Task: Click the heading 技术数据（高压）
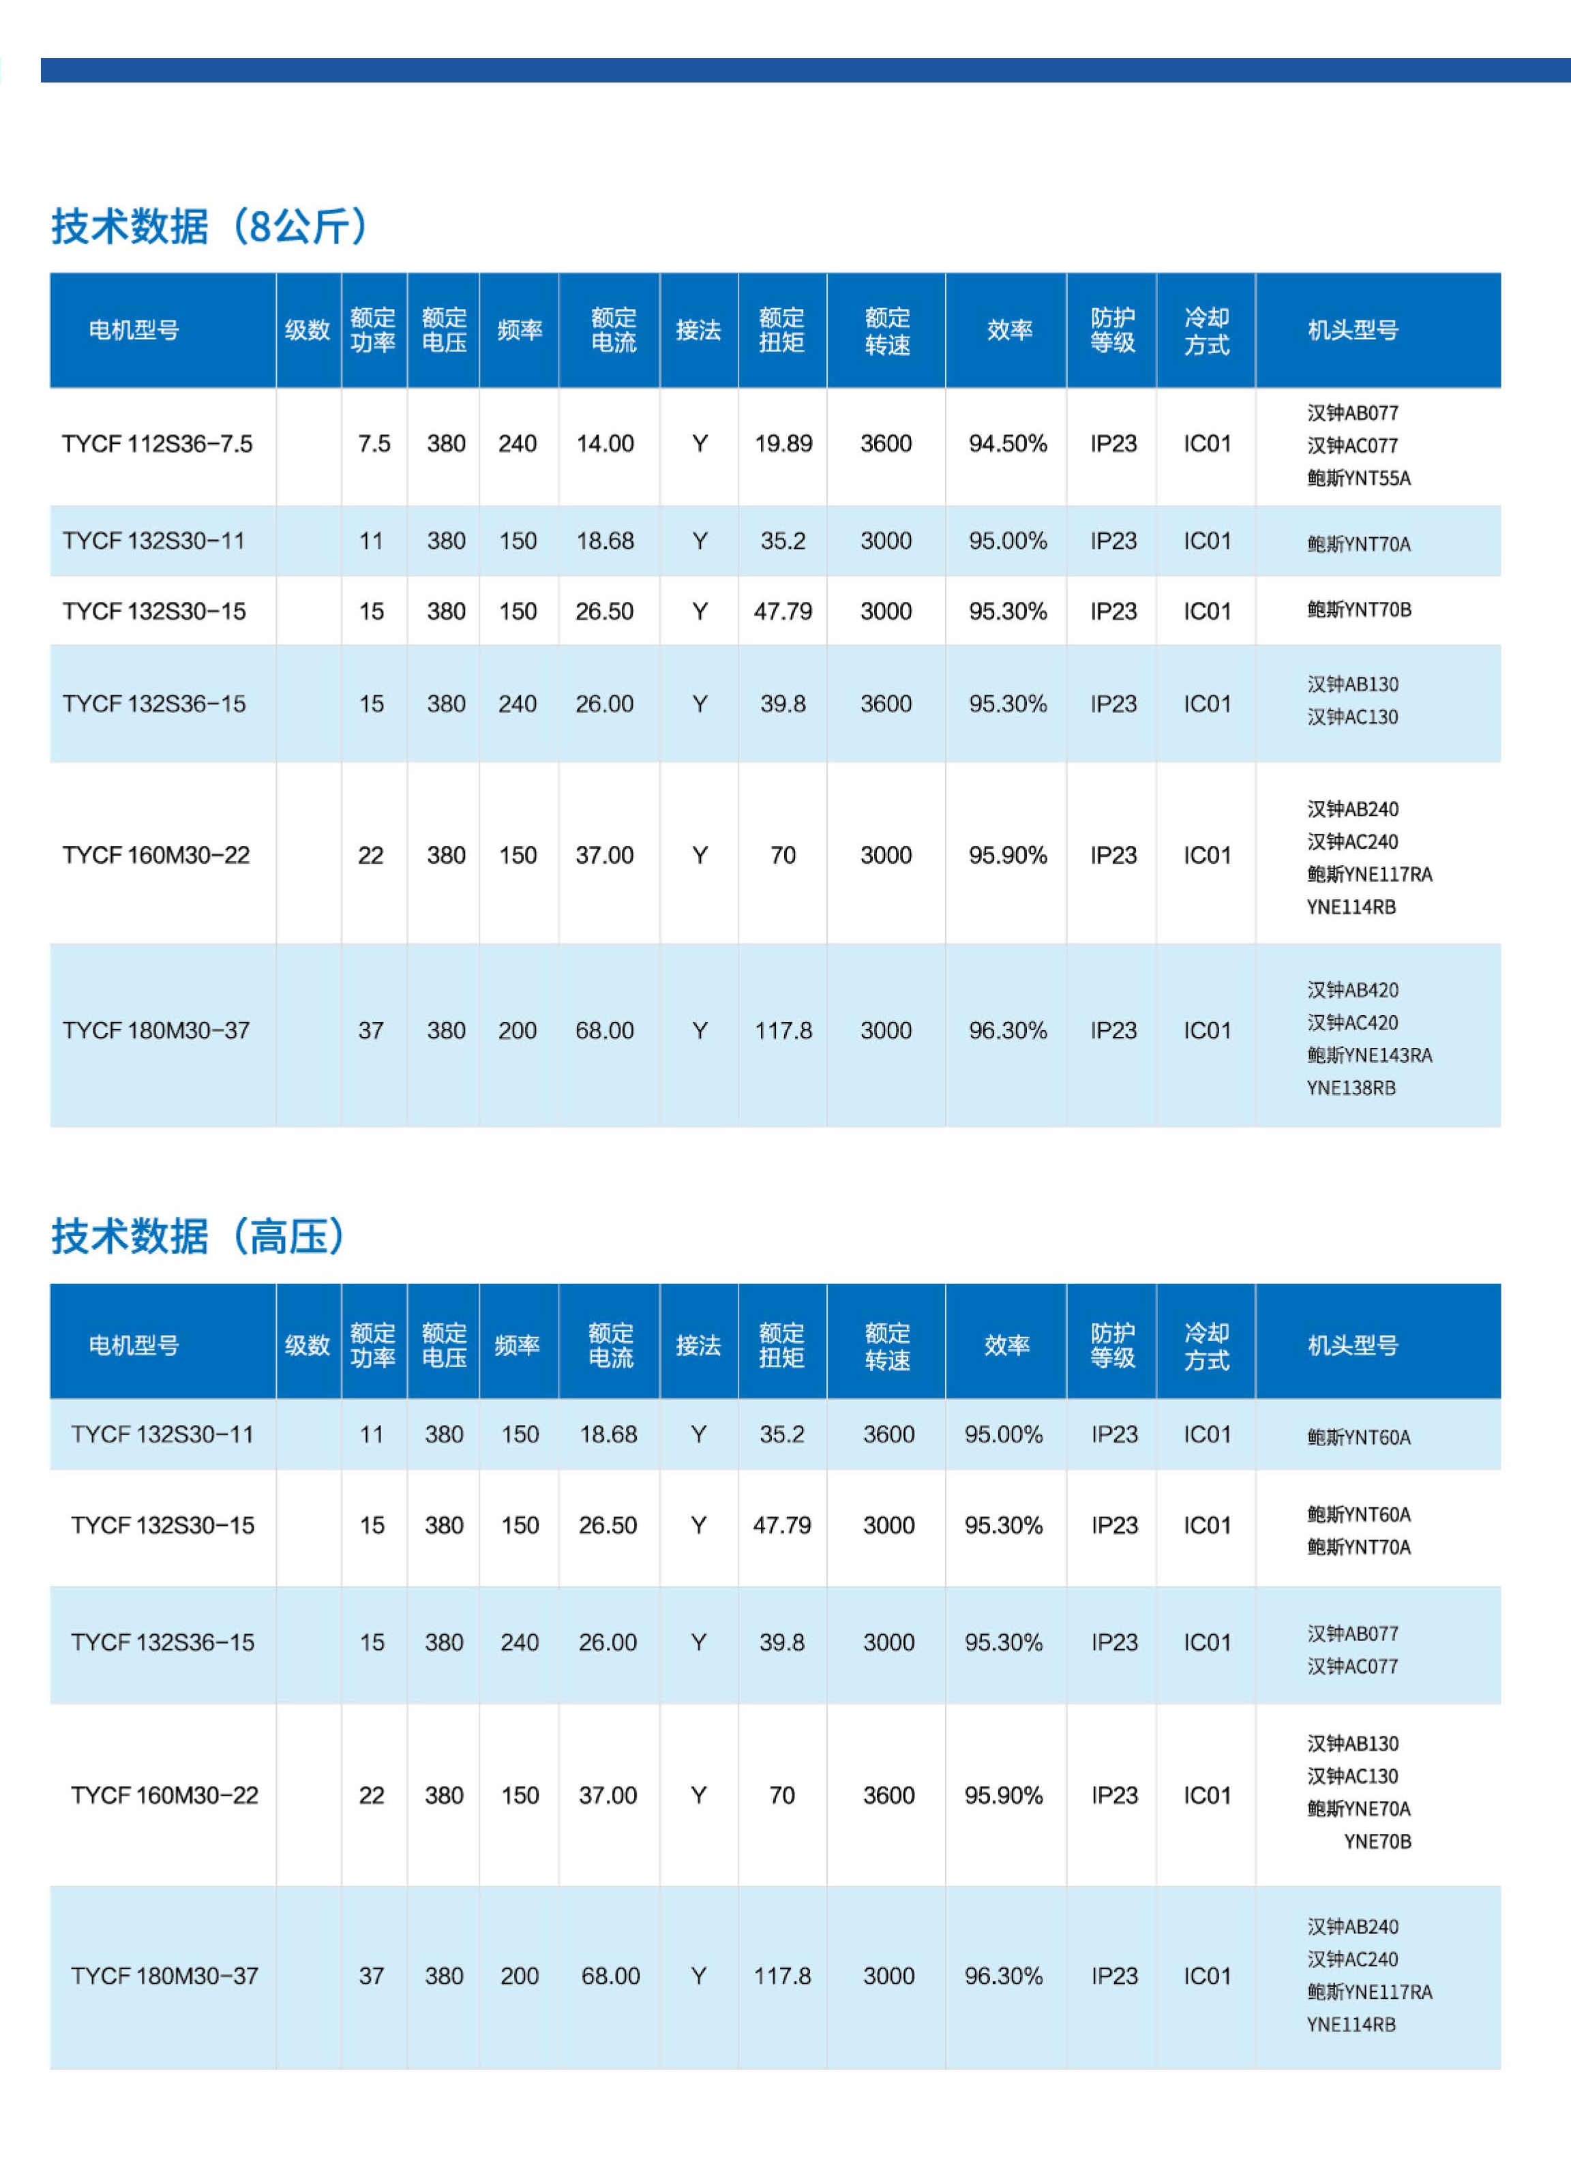pyautogui.click(x=197, y=1236)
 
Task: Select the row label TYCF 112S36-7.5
pyautogui.click(x=157, y=444)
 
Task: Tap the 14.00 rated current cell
pyautogui.click(x=605, y=444)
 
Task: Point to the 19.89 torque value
pyautogui.click(x=783, y=444)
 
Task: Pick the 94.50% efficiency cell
pyautogui.click(x=1007, y=444)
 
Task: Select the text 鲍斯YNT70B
pyautogui.click(x=1358, y=609)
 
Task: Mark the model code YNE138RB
pyautogui.click(x=1351, y=1087)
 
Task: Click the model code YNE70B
pyautogui.click(x=1377, y=1841)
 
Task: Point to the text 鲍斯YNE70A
pyautogui.click(x=1358, y=1809)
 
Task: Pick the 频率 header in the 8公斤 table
pyautogui.click(x=519, y=330)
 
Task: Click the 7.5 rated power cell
pyautogui.click(x=374, y=444)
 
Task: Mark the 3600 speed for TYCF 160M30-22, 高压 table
pyautogui.click(x=888, y=1795)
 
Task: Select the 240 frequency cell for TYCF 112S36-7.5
pyautogui.click(x=517, y=444)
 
